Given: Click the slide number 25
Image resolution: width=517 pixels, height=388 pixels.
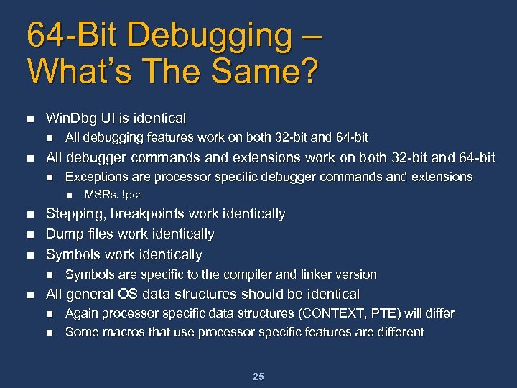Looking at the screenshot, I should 258,377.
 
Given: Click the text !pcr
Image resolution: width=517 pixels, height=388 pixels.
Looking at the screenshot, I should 131,195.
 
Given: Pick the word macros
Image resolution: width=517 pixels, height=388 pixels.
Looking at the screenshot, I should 118,332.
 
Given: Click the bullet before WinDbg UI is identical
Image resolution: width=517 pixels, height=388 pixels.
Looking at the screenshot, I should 29,118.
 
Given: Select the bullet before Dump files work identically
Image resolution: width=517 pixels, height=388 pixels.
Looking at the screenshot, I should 29,234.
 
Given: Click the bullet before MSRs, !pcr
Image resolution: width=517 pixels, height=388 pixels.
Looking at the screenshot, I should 69,195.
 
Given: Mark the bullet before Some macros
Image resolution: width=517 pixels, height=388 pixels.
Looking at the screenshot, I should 50,332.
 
